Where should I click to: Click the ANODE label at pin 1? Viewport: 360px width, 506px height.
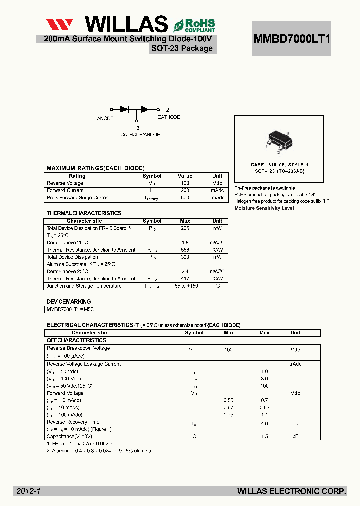pos(105,118)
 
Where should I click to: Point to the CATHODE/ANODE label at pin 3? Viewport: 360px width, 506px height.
pos(140,134)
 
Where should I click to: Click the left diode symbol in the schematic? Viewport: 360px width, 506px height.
pos(124,109)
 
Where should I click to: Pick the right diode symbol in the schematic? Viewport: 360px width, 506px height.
pos(145,109)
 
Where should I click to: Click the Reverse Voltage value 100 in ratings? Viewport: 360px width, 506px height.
pos(185,183)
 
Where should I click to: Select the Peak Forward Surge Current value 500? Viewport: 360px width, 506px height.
pos(185,198)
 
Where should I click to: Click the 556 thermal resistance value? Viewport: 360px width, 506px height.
pos(185,250)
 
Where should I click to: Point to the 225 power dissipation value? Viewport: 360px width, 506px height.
pos(185,228)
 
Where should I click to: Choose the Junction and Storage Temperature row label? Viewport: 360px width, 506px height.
pos(84,286)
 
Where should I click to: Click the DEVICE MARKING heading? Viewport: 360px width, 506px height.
pos(69,302)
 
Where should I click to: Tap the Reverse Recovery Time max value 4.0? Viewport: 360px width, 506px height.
pos(264,424)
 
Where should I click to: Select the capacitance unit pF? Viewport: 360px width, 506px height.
pos(295,436)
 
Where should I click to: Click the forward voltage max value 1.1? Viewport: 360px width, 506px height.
pos(264,415)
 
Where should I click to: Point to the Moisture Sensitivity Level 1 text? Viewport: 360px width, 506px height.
pos(266,208)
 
